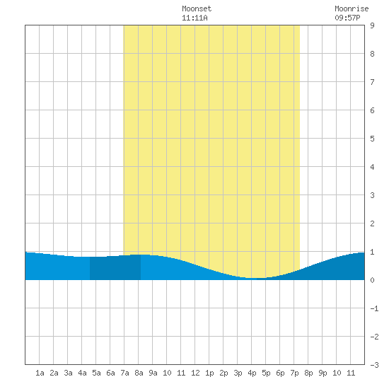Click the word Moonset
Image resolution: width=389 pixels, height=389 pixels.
[197, 8]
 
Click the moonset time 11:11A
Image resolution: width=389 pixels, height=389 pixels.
[194, 18]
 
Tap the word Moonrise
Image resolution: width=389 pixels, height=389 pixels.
[352, 8]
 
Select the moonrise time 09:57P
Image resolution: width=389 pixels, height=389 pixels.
[347, 18]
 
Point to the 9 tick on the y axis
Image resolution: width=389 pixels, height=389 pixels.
[372, 25]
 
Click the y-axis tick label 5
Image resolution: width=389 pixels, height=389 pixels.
[372, 139]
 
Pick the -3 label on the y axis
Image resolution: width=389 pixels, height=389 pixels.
[374, 365]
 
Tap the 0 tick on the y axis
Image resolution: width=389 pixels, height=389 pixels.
[372, 280]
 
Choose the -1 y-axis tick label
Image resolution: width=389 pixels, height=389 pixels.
[374, 308]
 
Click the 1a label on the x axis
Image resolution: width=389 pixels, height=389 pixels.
[40, 373]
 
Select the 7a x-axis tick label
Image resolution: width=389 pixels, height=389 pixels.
[124, 373]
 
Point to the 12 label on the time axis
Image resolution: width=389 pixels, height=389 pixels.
[195, 373]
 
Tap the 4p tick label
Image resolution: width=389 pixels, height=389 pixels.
[252, 373]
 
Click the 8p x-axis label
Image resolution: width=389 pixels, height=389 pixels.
[308, 373]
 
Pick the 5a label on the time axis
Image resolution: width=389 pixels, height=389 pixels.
[96, 373]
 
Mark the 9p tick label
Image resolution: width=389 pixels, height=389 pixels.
[323, 373]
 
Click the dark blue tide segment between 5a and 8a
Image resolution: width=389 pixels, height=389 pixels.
[115, 268]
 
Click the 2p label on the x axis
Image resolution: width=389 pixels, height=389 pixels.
[223, 373]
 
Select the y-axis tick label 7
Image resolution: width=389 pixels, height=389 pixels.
[372, 82]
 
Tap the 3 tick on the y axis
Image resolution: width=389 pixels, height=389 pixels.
[372, 195]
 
